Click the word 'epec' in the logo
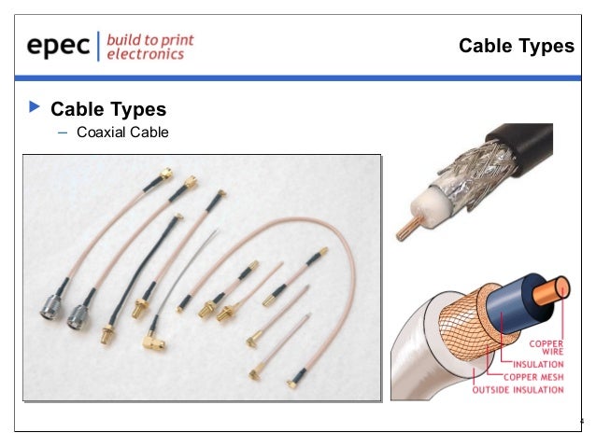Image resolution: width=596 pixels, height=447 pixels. (x=57, y=47)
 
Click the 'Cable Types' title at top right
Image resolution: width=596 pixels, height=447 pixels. (x=516, y=47)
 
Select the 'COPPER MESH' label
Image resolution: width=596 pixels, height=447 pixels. (x=535, y=376)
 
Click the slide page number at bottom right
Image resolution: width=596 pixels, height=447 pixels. (x=581, y=420)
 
